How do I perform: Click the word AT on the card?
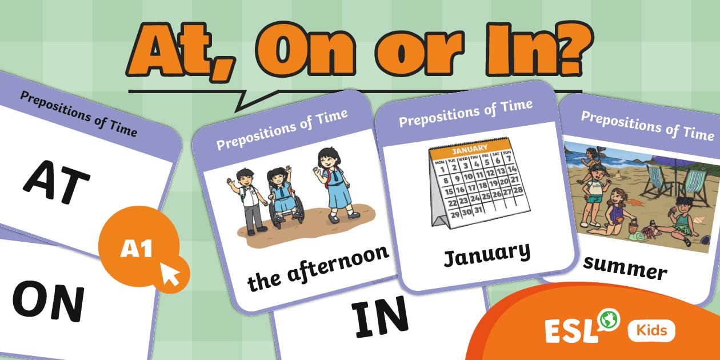pos(57,182)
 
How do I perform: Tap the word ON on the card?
pos(48,301)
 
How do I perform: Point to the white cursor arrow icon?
pos(171,274)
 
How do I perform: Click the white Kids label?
pos(651,331)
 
